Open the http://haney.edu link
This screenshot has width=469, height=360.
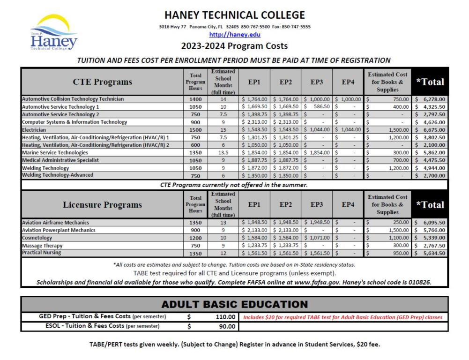pyautogui.click(x=234, y=34)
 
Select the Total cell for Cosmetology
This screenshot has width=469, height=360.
pyautogui.click(x=430, y=238)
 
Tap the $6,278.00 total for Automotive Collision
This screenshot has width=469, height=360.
pyautogui.click(x=430, y=99)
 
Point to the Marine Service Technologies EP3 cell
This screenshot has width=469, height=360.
pyautogui.click(x=317, y=152)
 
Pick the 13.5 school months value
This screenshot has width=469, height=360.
pyautogui.click(x=223, y=152)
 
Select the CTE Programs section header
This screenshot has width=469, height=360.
pyautogui.click(x=102, y=82)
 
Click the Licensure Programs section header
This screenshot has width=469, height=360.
pyautogui.click(x=102, y=205)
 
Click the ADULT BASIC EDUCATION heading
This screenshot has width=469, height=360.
pyautogui.click(x=234, y=304)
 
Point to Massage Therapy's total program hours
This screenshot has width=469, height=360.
pyautogui.click(x=195, y=245)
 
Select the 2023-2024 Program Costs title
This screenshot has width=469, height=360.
pyautogui.click(x=234, y=46)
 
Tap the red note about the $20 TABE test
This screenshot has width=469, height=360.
pyautogui.click(x=342, y=317)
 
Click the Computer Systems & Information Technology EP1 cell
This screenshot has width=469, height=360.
pyautogui.click(x=254, y=122)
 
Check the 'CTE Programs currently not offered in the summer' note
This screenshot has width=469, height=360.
pyautogui.click(x=234, y=185)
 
